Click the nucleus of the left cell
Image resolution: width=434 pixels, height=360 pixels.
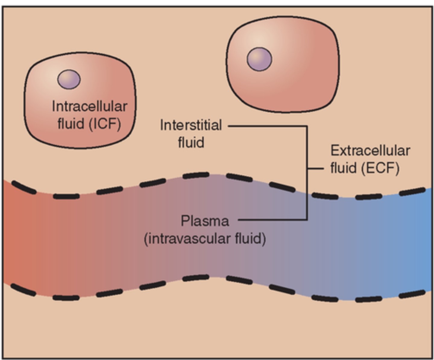(69, 79)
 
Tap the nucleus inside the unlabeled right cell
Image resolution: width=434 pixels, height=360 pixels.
(259, 59)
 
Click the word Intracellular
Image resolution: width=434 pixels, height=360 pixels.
(90, 107)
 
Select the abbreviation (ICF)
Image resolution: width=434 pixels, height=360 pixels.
(105, 124)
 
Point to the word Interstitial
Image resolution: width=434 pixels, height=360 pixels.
(191, 125)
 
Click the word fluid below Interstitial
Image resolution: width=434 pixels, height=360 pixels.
(191, 142)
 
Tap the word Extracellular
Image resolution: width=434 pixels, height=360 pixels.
(370, 151)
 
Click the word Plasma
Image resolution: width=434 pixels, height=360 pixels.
(205, 221)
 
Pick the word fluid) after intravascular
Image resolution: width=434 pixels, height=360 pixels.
(250, 239)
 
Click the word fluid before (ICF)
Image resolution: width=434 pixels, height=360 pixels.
(71, 124)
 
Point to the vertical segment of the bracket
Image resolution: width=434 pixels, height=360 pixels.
(307, 193)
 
